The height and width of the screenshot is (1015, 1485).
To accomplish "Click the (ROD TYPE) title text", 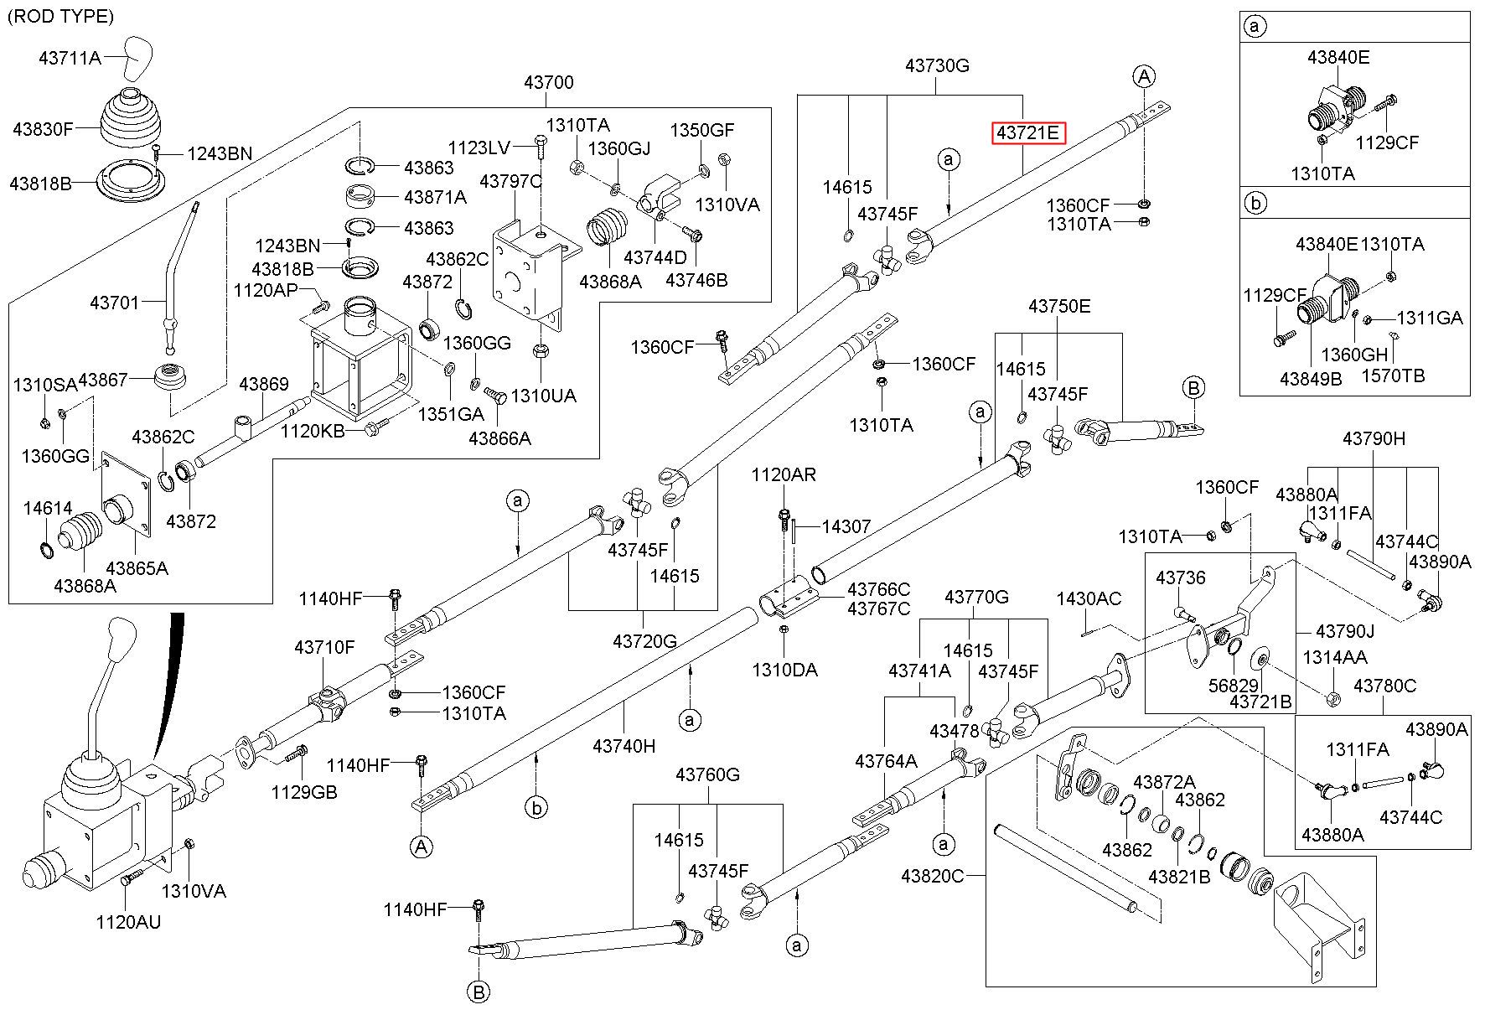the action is [60, 16].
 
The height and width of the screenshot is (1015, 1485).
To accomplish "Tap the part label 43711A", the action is [70, 58].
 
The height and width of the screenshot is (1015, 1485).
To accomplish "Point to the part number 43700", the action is [549, 82].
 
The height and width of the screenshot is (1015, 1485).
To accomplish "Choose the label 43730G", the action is [937, 65].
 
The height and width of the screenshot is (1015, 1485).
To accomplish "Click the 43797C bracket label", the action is [511, 181].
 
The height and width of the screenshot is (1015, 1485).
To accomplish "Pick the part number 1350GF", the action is [702, 130].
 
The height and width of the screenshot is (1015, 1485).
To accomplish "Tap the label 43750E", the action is [1059, 307].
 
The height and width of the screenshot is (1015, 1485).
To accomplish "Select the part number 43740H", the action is [624, 746].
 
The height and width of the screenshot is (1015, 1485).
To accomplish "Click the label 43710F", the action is [324, 648].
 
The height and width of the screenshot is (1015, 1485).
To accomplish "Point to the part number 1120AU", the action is [128, 923].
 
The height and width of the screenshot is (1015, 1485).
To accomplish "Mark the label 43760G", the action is [708, 774].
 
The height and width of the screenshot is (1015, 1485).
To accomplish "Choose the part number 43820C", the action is [933, 876].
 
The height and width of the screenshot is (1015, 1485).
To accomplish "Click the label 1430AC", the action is [1089, 598].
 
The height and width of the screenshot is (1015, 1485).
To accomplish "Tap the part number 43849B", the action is [1311, 379].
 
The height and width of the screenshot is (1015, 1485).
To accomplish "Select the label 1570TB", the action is [1393, 375].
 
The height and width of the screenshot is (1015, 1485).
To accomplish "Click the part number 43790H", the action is [1374, 438].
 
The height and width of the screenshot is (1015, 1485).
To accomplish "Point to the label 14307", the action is [846, 526].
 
